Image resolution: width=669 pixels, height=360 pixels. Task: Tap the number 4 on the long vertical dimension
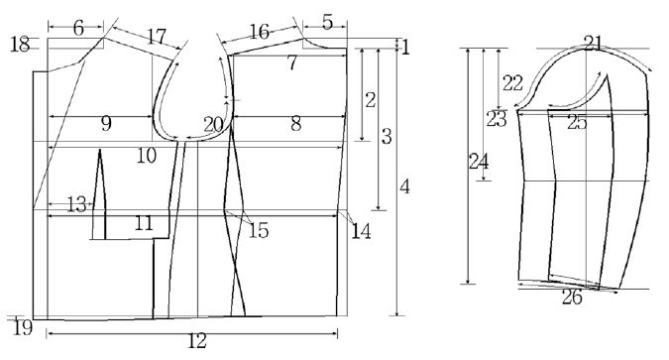pos(404,185)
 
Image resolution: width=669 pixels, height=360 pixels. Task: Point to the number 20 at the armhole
pos(213,124)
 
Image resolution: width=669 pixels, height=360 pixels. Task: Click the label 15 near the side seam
pos(259,231)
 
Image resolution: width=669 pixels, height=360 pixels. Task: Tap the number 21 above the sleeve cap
pos(594,42)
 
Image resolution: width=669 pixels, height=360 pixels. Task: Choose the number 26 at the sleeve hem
pos(572,296)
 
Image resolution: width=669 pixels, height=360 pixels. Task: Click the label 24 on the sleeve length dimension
pos(479,162)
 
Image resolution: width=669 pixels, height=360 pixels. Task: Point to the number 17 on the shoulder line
pos(156,36)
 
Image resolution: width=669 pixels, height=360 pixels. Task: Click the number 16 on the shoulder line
pos(260,32)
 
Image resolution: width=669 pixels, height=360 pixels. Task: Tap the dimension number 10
pos(147,155)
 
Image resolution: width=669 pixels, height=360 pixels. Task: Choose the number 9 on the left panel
pos(106,124)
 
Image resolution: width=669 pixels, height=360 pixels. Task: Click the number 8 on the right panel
pos(295,125)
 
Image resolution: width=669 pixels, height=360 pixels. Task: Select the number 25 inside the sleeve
pos(577,123)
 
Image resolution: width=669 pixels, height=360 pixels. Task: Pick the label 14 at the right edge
pos(361,230)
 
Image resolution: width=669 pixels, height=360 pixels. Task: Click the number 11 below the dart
pos(144,224)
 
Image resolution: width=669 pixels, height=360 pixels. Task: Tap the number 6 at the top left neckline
pos(79,29)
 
